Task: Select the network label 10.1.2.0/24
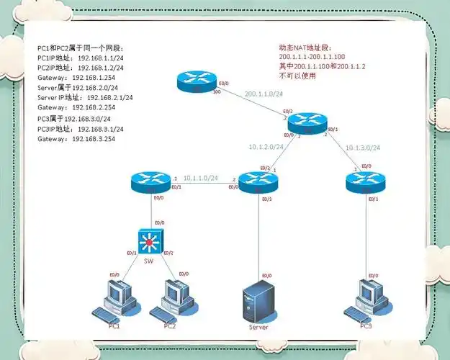click(266, 147)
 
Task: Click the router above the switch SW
click(151, 182)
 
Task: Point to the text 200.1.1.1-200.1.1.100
click(312, 56)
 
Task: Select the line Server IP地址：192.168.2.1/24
click(85, 97)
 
